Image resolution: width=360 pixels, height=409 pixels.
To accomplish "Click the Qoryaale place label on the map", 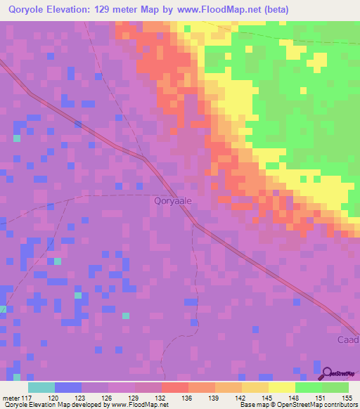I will coord(173,200).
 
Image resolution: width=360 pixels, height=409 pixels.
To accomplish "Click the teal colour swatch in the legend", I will coord(41,387).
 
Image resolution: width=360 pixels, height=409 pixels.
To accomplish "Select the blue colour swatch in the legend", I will coord(68,387).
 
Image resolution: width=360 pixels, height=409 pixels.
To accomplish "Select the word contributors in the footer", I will coord(339,405).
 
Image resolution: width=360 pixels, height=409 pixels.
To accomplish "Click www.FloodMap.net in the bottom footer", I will coord(138,405).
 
